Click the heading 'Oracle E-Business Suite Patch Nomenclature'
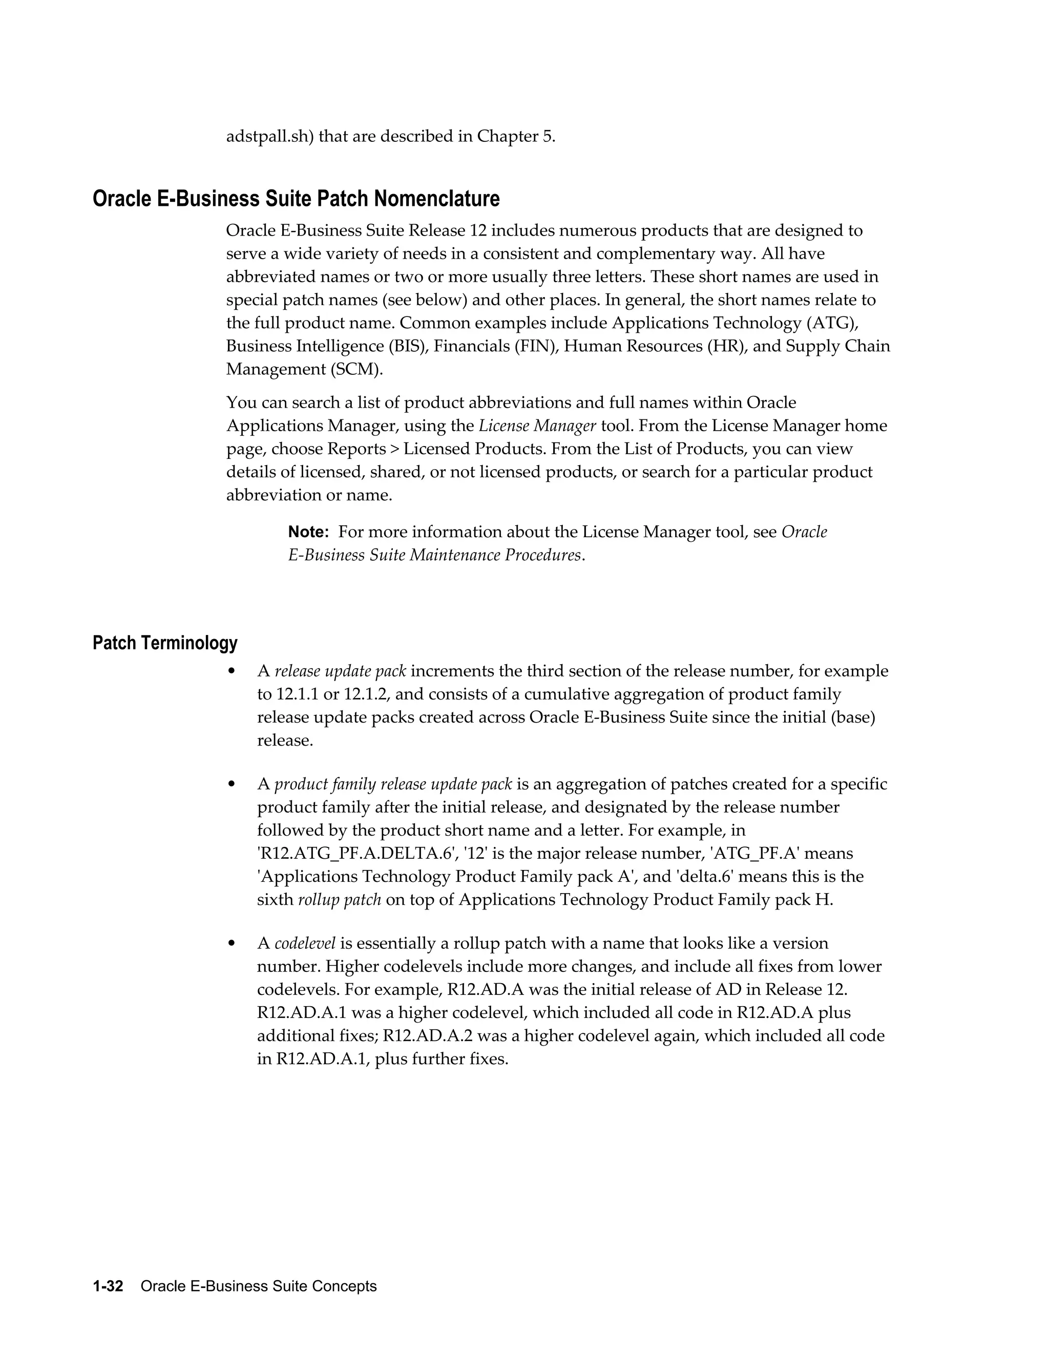point(296,199)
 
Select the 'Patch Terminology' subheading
point(165,643)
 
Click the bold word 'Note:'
point(308,532)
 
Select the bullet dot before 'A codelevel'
point(232,943)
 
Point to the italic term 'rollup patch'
point(339,900)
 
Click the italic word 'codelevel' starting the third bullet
point(305,943)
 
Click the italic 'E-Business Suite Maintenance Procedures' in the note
point(434,555)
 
